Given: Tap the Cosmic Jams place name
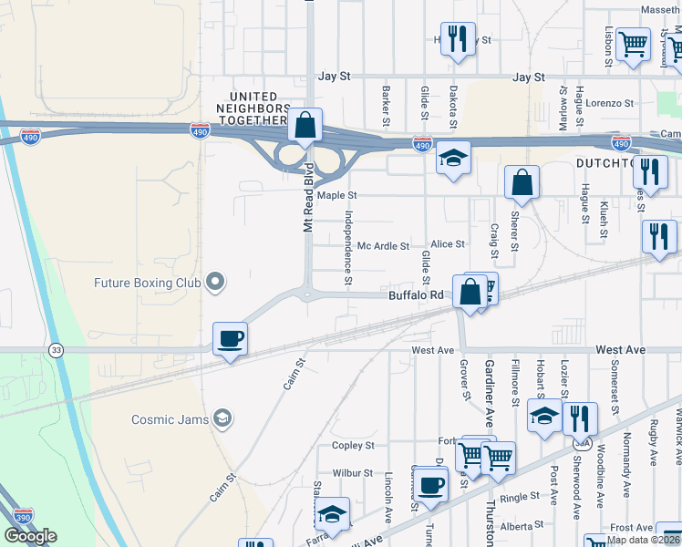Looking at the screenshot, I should [158, 418].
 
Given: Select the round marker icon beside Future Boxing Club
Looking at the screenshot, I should [215, 283].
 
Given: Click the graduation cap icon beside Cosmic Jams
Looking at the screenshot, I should [222, 418].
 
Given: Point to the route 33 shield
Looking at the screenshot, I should [57, 349].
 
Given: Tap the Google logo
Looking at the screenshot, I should [30, 536].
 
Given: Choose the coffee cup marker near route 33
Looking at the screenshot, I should [230, 340].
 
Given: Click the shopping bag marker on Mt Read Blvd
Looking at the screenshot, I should [305, 125].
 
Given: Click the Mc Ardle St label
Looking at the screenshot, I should [383, 246].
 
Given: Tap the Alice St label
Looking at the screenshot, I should [448, 244].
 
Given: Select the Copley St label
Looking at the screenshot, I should [354, 446].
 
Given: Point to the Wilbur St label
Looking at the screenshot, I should [353, 473].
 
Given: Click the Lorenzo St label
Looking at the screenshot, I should [609, 104].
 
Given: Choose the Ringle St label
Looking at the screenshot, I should [521, 498].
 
